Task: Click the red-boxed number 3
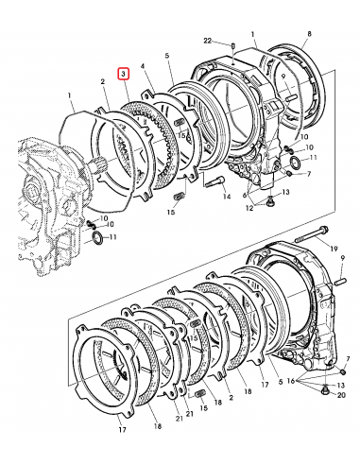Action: click(124, 75)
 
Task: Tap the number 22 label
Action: click(208, 41)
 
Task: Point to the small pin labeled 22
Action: click(232, 45)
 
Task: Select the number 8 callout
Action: click(309, 33)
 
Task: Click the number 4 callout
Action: click(143, 66)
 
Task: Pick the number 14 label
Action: click(227, 197)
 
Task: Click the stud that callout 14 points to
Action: click(214, 181)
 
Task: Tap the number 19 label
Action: click(334, 249)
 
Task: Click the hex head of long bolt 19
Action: click(324, 229)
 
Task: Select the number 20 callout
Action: click(341, 395)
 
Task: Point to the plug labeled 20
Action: click(323, 391)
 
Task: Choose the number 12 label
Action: click(249, 208)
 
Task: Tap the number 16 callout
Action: click(290, 381)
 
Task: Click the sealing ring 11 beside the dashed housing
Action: click(96, 236)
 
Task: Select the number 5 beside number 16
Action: click(281, 382)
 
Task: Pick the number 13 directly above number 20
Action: click(341, 385)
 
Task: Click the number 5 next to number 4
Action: click(167, 56)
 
